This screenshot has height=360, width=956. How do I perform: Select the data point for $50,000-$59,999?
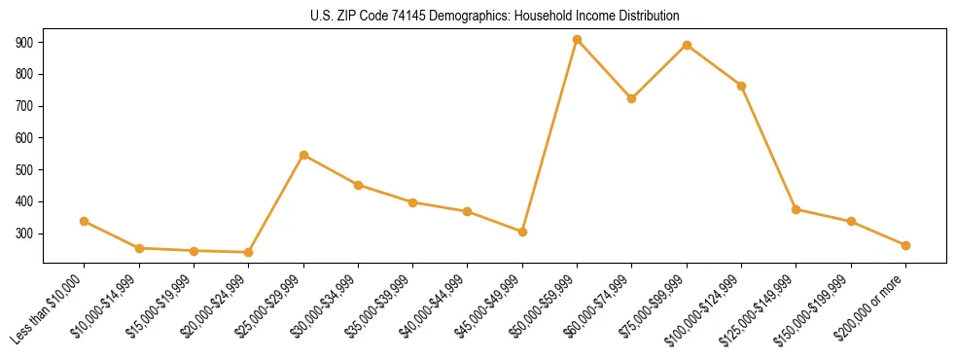pos(577,40)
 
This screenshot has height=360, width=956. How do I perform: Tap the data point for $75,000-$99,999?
pos(687,45)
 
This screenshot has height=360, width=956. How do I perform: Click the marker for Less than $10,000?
pos(85,222)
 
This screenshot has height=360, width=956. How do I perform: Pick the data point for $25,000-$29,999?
pos(303,155)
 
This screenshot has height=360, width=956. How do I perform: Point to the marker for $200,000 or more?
pos(905,245)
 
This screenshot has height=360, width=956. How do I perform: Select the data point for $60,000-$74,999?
pos(632,98)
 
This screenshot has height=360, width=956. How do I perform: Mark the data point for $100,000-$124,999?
pos(741,86)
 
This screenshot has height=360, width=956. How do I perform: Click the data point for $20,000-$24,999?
pos(249,253)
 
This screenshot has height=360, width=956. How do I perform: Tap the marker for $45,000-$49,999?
pos(522,232)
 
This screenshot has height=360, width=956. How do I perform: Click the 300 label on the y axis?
pos(26,234)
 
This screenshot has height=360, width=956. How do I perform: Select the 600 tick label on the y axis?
pos(26,138)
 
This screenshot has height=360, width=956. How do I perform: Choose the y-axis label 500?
pos(26,170)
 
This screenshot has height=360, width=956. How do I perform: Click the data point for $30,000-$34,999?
pos(358,185)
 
